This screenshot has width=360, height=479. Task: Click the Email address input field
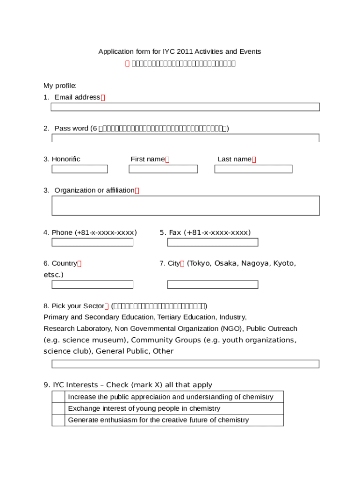pos(185,107)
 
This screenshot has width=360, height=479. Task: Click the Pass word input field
pos(185,138)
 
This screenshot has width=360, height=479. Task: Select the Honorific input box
pos(79,169)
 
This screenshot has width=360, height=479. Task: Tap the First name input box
pos(163,169)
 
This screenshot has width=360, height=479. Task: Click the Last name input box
pos(253,169)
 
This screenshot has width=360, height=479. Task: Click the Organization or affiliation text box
pos(186,205)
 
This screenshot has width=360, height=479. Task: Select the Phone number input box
pos(92,242)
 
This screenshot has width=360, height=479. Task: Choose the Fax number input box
pos(213,242)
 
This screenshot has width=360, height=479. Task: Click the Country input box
pos(92,284)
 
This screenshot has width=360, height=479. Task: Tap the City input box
pos(213,284)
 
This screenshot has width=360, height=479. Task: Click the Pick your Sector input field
pos(185,364)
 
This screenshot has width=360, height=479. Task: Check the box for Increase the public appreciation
pos(58,397)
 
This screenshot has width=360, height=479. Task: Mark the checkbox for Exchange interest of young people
pos(58,408)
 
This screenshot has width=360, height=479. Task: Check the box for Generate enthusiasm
pos(58,420)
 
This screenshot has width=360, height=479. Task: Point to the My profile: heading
pos(60,86)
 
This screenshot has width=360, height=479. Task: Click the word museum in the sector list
pos(110,340)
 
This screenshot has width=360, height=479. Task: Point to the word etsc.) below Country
pos(53,275)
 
